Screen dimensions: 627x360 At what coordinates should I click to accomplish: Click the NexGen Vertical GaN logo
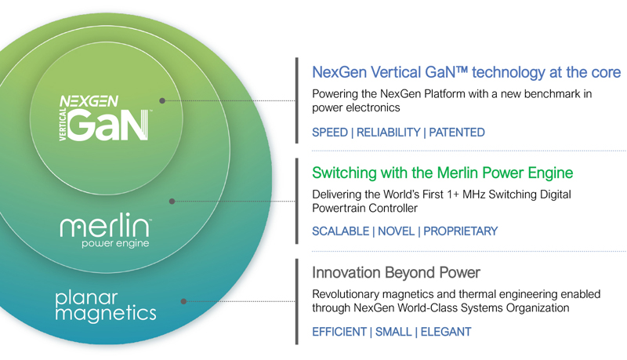tap(105, 118)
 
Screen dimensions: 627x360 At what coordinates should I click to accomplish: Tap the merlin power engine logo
tap(106, 230)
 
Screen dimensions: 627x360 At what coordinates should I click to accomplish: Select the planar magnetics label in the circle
tap(106, 307)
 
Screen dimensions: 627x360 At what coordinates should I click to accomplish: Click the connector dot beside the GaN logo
tap(162, 101)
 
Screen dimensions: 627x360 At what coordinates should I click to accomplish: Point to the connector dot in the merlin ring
tap(172, 202)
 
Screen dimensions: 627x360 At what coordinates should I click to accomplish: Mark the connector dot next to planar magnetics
tap(183, 301)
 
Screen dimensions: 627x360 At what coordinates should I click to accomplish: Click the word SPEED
tap(330, 133)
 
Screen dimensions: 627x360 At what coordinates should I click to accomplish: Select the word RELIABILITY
tap(388, 133)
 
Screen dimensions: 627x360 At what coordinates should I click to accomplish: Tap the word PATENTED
tap(457, 133)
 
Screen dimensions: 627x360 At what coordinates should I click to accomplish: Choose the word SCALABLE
tap(341, 231)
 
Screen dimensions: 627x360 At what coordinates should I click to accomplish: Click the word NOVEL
tap(396, 231)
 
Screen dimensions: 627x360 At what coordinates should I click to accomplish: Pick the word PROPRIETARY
tap(460, 231)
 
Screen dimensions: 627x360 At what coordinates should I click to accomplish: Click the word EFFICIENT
tap(339, 332)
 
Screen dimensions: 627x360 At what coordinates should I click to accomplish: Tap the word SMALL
tap(393, 332)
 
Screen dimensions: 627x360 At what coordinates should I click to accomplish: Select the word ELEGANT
tap(446, 332)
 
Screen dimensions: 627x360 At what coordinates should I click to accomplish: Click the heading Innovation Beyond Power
tap(396, 272)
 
